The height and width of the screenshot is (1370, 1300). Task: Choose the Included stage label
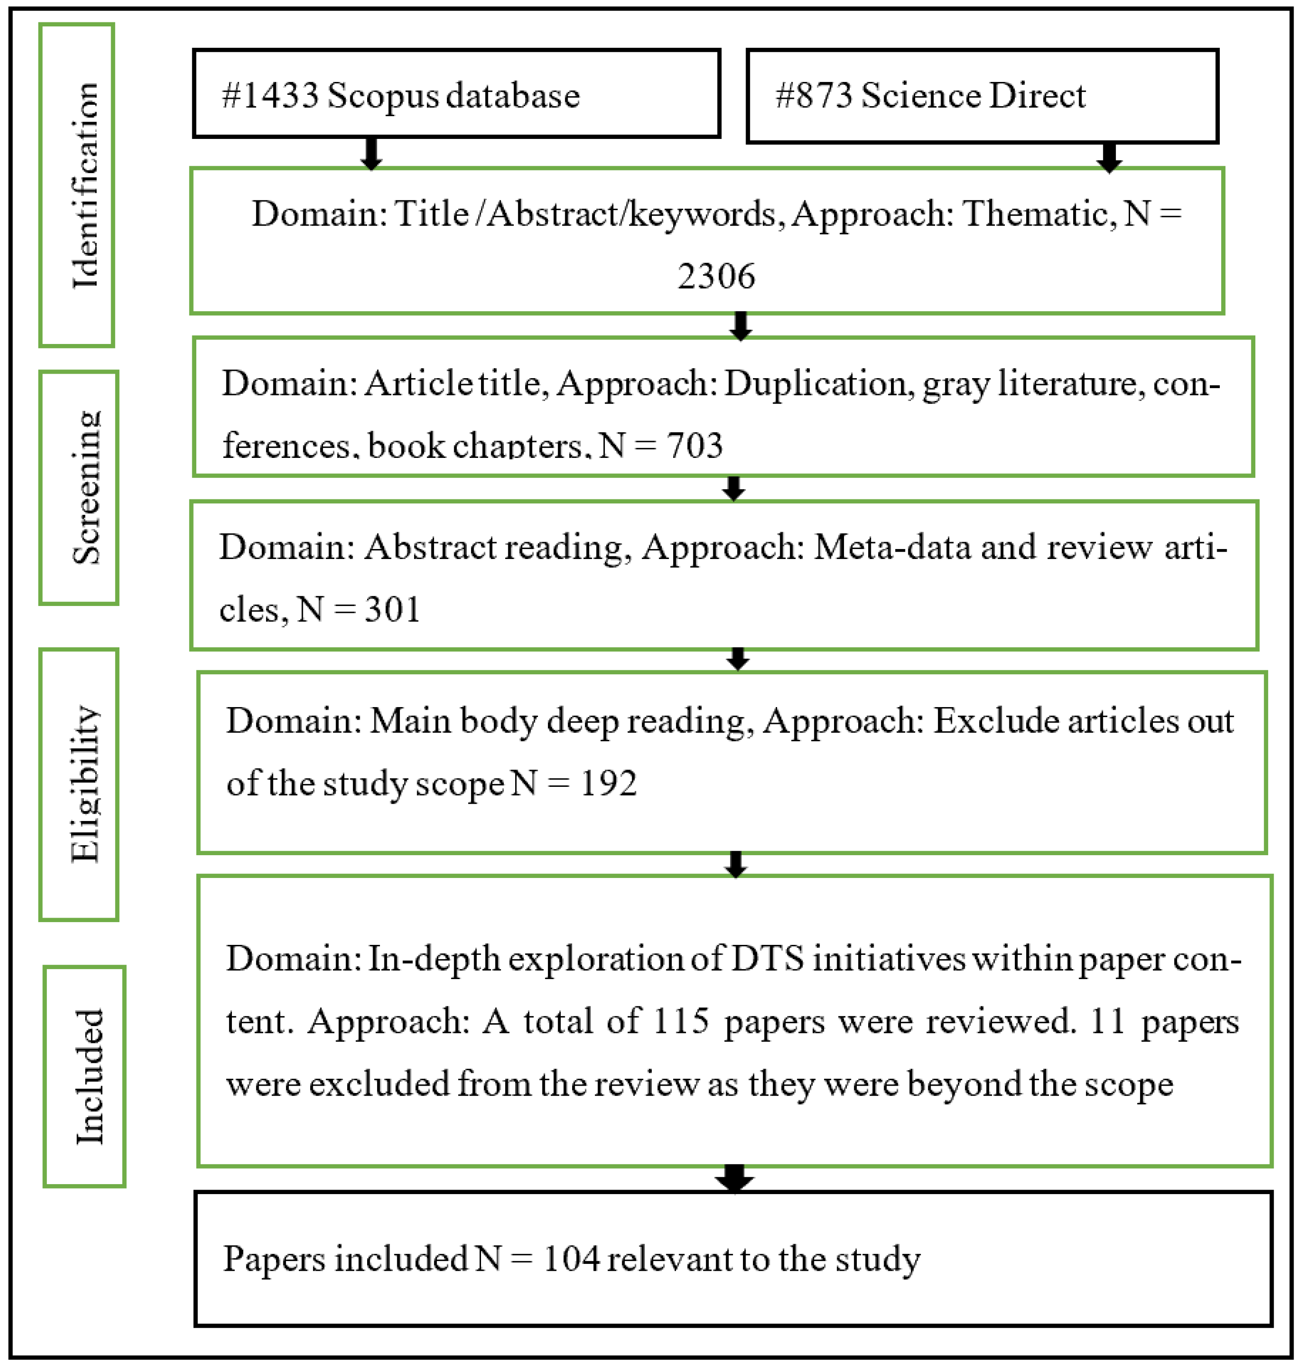pyautogui.click(x=89, y=1076)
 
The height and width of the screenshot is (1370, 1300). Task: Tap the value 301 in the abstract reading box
pyautogui.click(x=392, y=610)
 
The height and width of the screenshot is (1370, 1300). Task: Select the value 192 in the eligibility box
pyautogui.click(x=609, y=784)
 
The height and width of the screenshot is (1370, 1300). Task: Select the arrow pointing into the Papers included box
pyautogui.click(x=735, y=1179)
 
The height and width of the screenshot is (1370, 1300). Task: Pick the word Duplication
pyautogui.click(x=815, y=383)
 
